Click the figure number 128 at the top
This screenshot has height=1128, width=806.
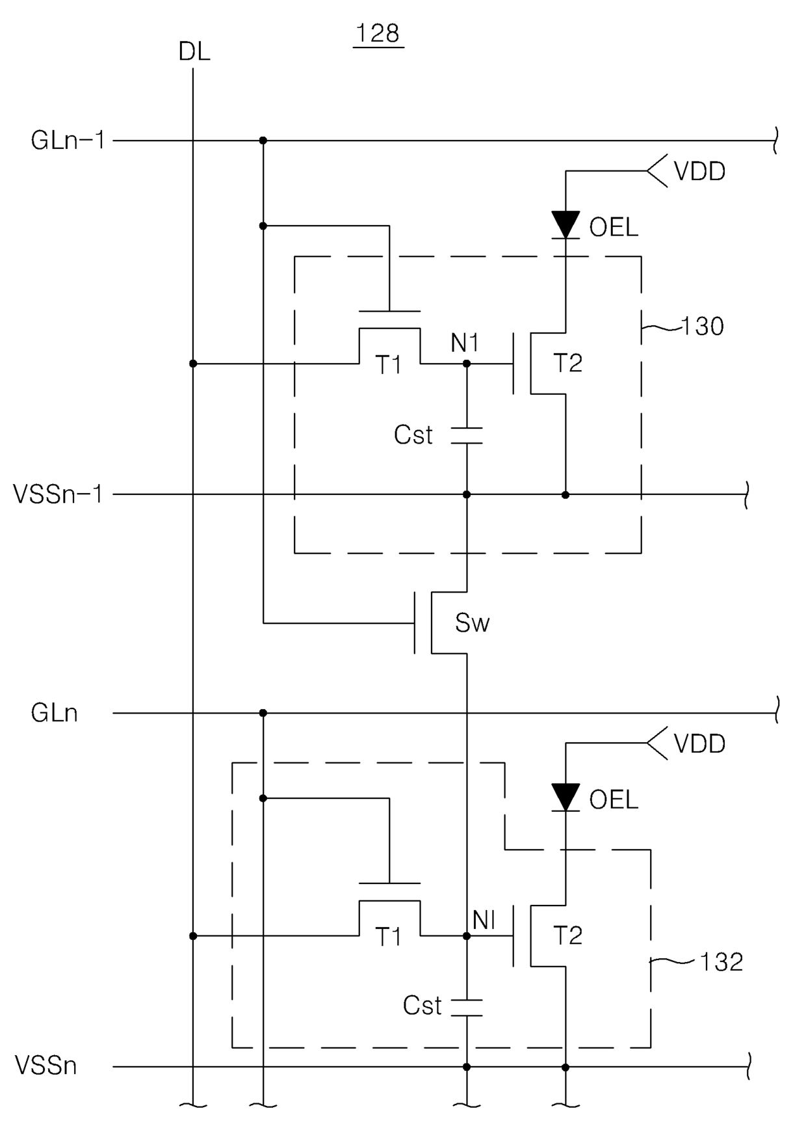pyautogui.click(x=378, y=33)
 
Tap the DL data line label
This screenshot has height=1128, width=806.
pyautogui.click(x=194, y=52)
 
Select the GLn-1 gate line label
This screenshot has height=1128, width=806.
pyautogui.click(x=68, y=141)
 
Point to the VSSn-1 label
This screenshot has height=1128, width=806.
pyautogui.click(x=58, y=494)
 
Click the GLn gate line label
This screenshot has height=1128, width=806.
pyautogui.click(x=55, y=714)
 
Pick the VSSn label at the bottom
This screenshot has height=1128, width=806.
pyautogui.click(x=46, y=1066)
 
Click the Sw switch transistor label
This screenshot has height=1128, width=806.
pyautogui.click(x=472, y=623)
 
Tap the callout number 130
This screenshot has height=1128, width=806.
pyautogui.click(x=702, y=327)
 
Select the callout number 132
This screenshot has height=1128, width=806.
pyautogui.click(x=721, y=962)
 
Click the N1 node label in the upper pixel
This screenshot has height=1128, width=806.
pyautogui.click(x=465, y=343)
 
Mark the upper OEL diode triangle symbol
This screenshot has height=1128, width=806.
pyautogui.click(x=565, y=225)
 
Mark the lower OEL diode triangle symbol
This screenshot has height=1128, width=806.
pyautogui.click(x=565, y=798)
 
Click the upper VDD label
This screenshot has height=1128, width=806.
pyautogui.click(x=699, y=172)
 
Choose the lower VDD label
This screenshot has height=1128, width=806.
pyautogui.click(x=699, y=744)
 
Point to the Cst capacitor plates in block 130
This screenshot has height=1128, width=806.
pyautogui.click(x=467, y=436)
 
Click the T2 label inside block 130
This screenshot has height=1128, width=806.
pyautogui.click(x=567, y=364)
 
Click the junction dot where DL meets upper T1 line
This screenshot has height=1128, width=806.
pyautogui.click(x=193, y=364)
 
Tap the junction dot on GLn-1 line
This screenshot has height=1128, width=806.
pyautogui.click(x=263, y=141)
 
